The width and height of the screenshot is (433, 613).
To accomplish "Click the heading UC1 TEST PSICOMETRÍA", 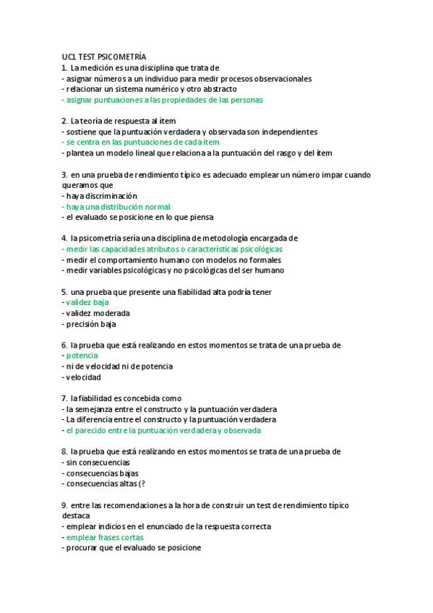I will tap(104, 56).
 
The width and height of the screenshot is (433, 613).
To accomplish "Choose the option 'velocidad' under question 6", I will tap(83, 377).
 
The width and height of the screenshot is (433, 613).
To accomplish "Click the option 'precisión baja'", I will tap(90, 324).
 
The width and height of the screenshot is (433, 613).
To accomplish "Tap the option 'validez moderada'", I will tap(98, 313).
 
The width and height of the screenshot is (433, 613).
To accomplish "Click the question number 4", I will tap(64, 238).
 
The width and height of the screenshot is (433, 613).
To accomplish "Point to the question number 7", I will tap(64, 398).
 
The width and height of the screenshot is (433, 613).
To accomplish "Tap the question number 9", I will tap(64, 505).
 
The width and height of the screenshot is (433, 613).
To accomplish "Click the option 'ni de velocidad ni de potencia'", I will tap(119, 366).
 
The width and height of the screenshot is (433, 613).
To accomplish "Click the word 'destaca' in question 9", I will tap(76, 516).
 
